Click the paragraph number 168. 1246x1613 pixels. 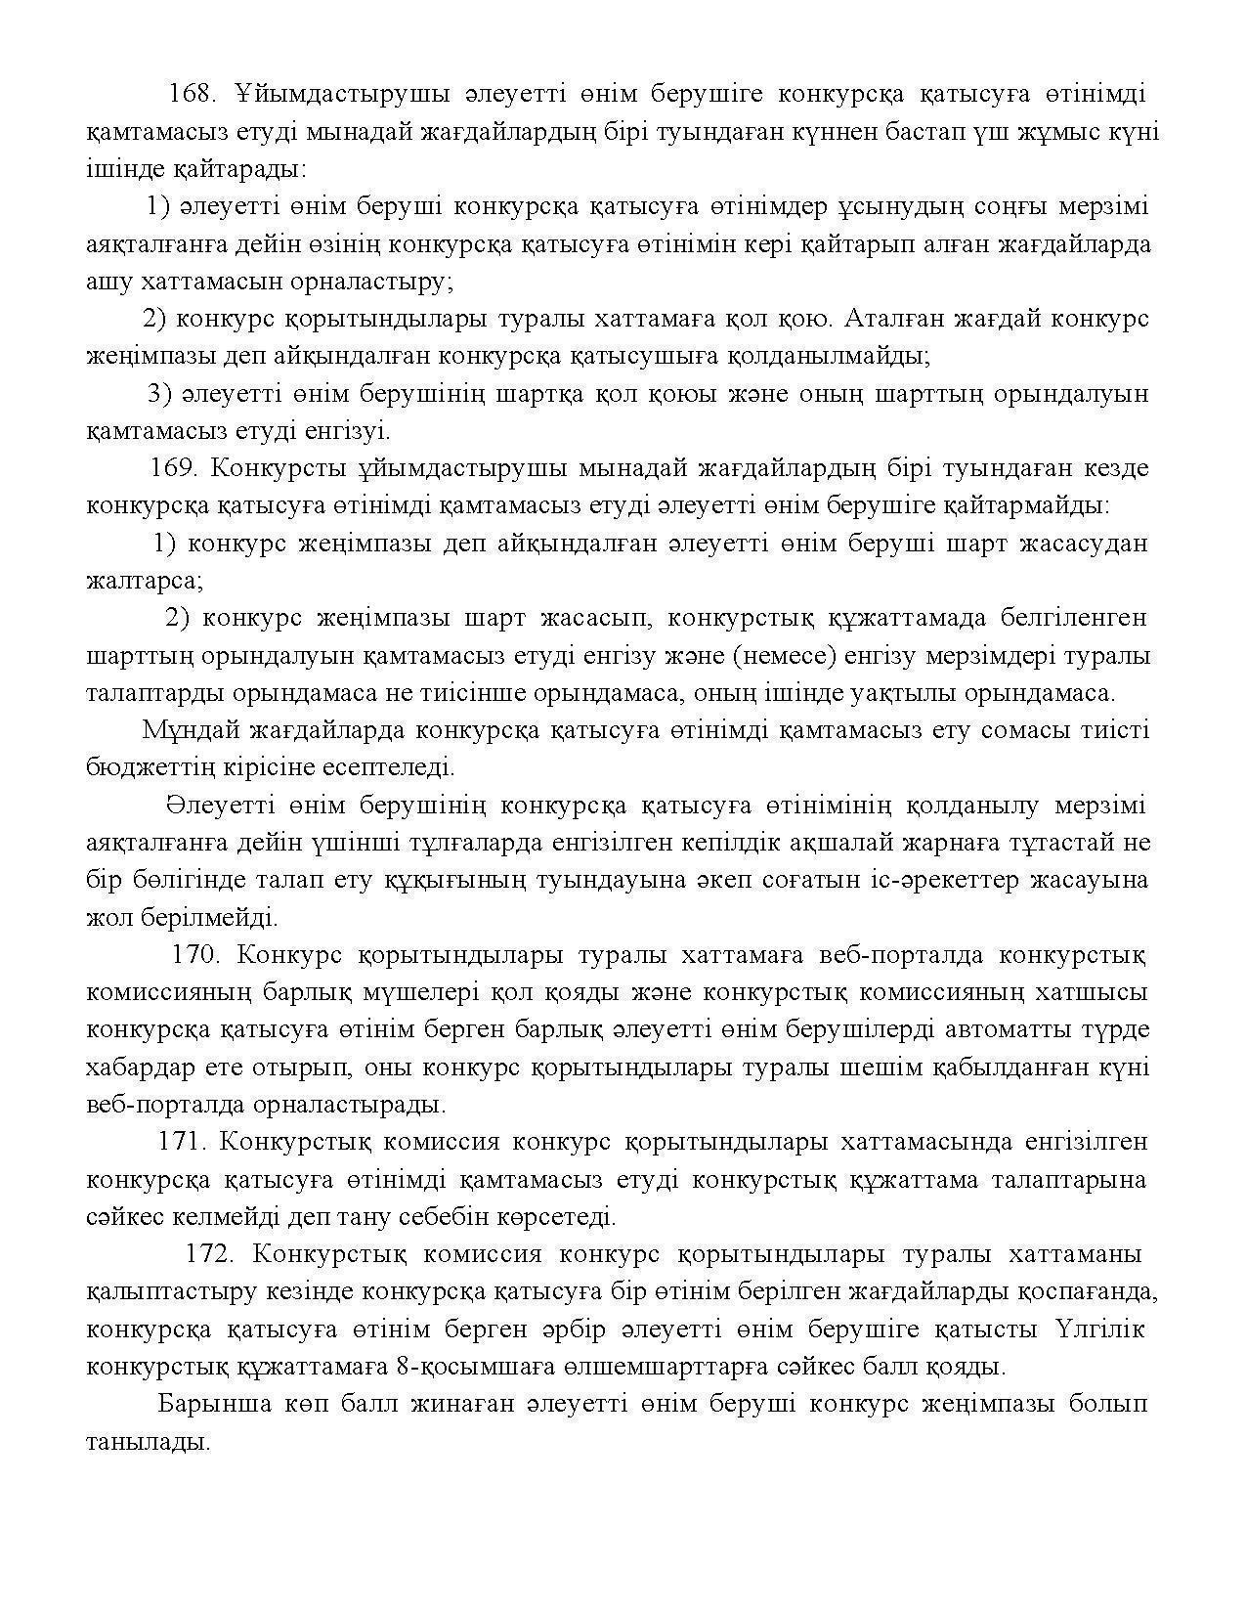192,94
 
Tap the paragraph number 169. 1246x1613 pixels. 174,468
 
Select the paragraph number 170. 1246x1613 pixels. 195,954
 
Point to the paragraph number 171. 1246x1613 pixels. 182,1142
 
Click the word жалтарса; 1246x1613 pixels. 145,581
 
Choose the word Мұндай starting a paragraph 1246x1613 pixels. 193,730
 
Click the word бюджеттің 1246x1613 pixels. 150,767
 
